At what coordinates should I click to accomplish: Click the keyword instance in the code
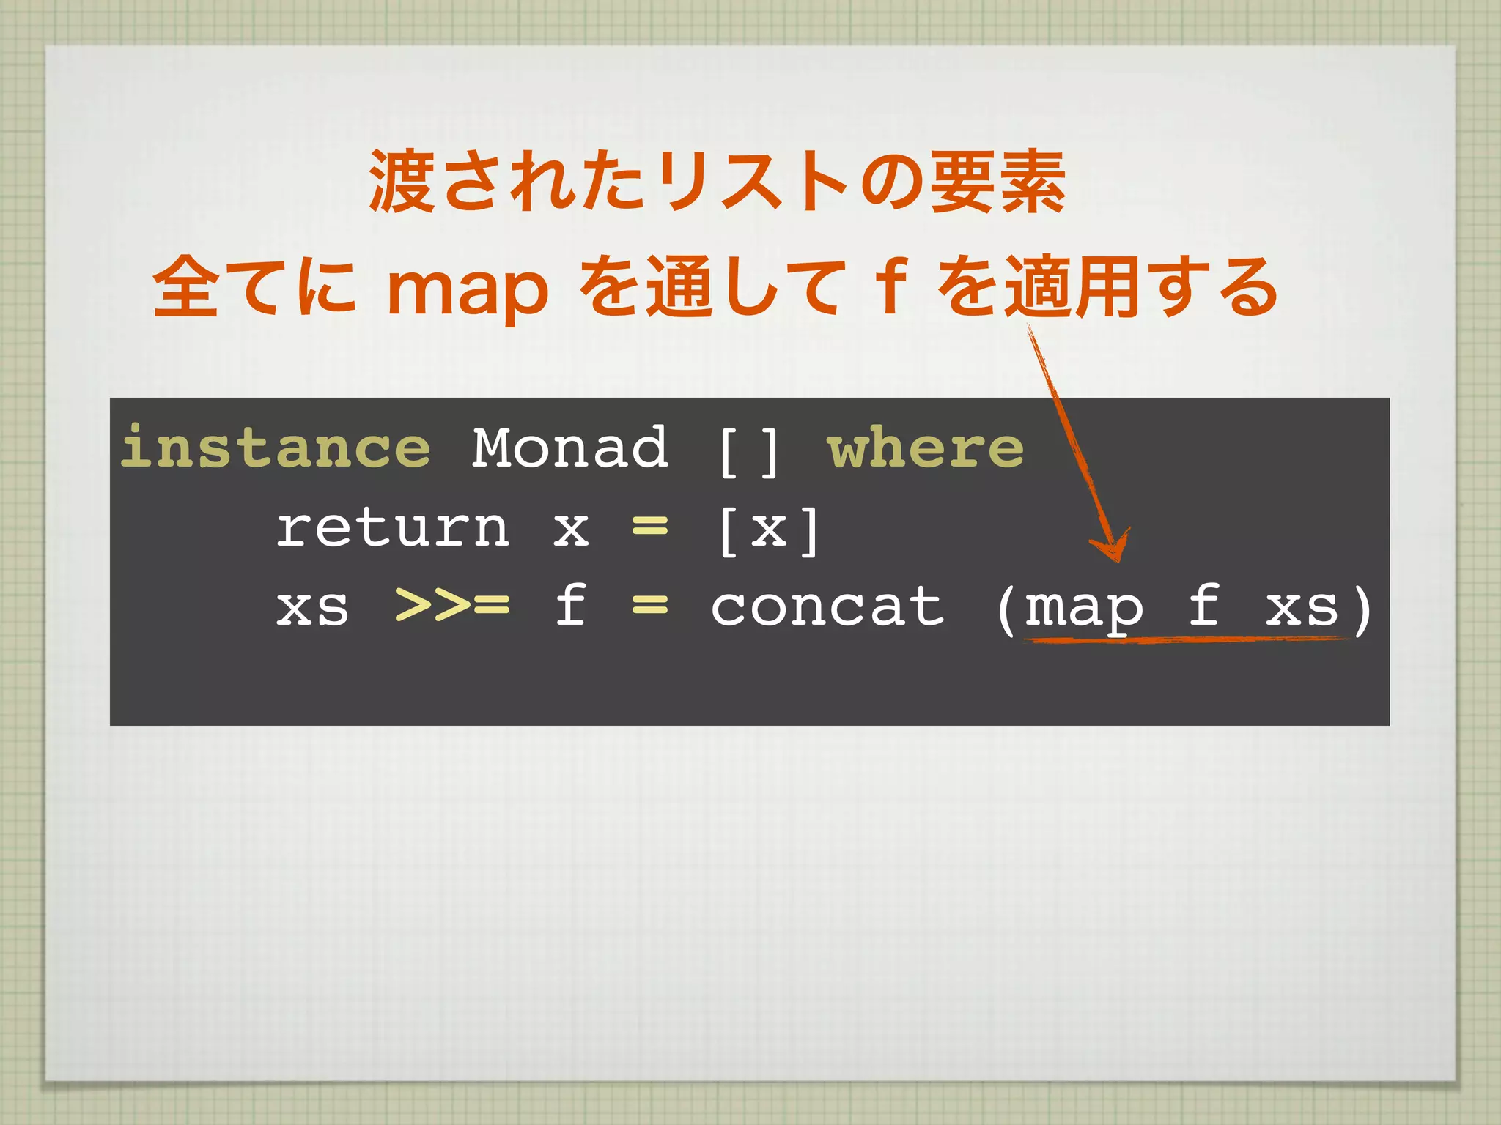(x=276, y=448)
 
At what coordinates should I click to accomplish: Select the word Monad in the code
(x=569, y=448)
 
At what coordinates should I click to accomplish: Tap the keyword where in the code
(x=926, y=448)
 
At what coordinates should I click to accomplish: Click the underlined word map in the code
(x=1083, y=609)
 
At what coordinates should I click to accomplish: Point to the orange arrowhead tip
(x=1117, y=560)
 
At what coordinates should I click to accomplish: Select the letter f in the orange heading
(x=891, y=287)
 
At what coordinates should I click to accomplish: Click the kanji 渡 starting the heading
(x=402, y=182)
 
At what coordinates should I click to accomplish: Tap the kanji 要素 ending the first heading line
(x=997, y=182)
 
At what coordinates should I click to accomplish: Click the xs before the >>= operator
(x=312, y=608)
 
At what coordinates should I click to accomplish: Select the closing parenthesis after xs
(x=1362, y=609)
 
